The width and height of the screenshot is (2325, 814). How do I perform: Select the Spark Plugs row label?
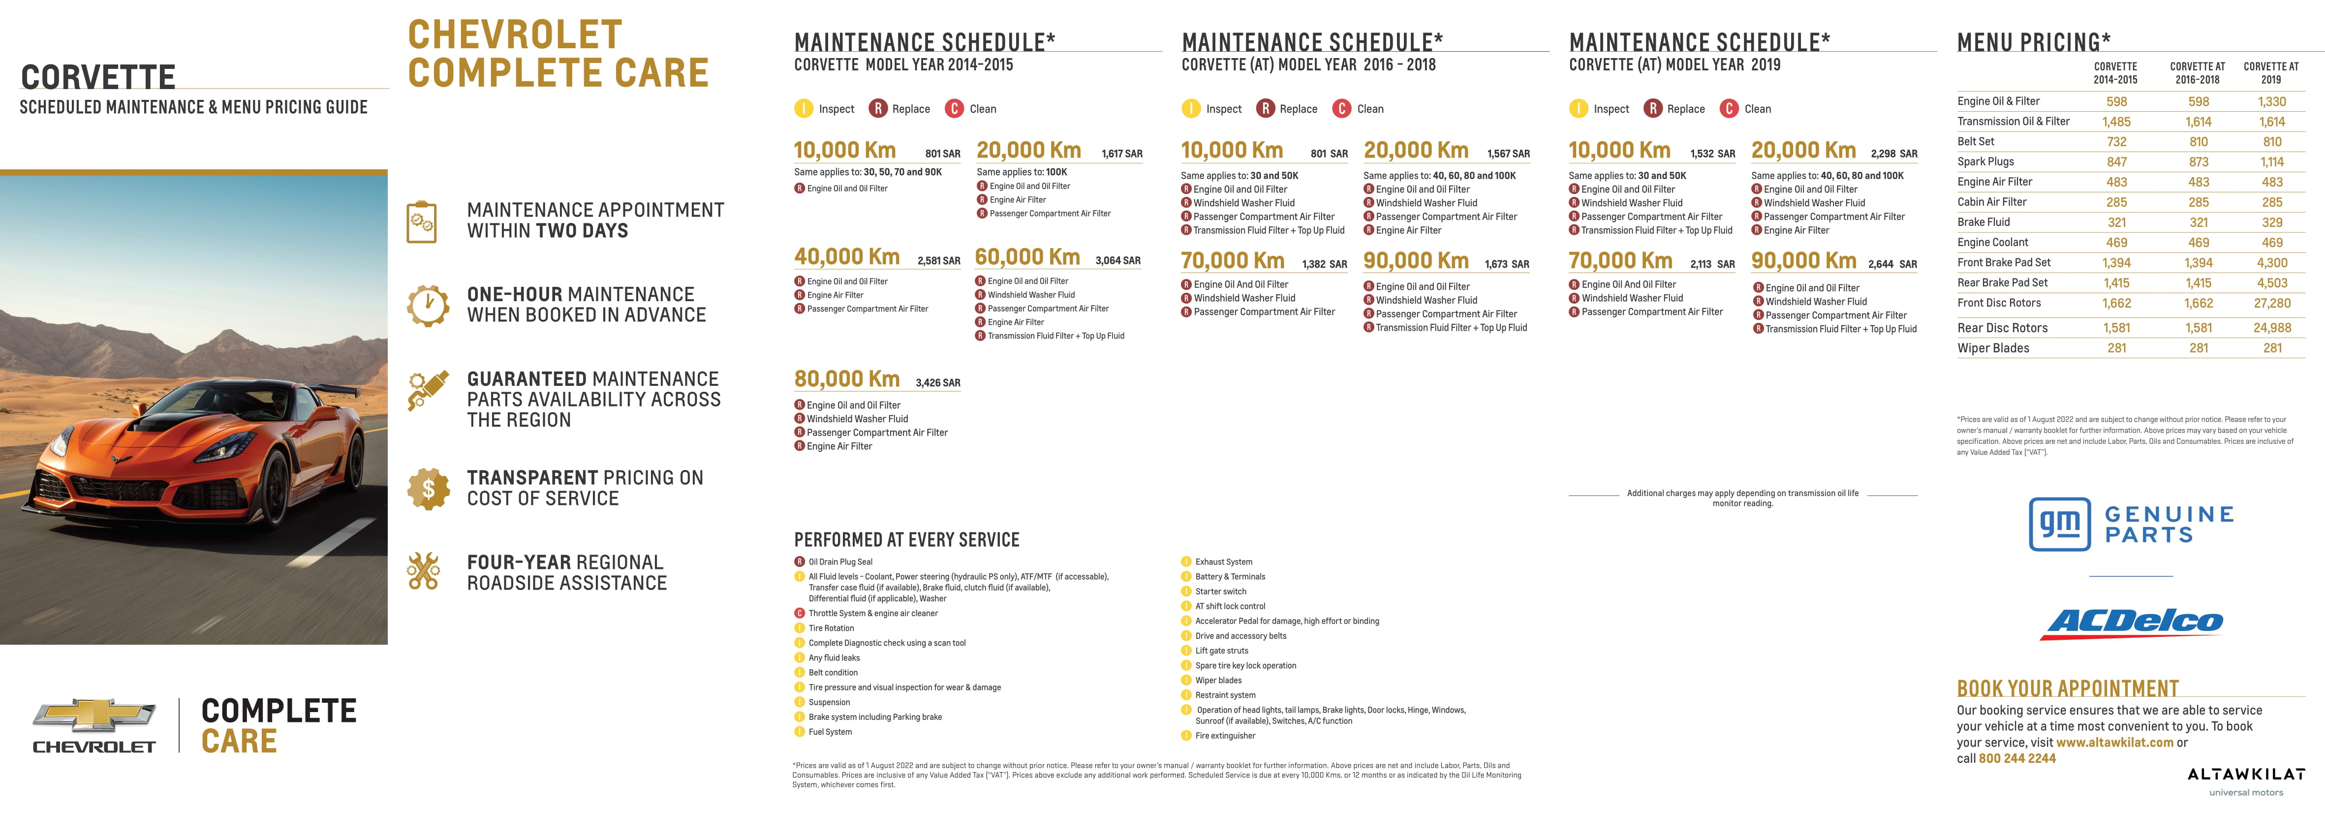pos(1985,161)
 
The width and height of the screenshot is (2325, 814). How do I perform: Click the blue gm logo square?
pos(2060,524)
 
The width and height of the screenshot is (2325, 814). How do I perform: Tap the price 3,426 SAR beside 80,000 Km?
pos(938,382)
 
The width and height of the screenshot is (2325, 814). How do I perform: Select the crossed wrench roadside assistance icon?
pos(423,571)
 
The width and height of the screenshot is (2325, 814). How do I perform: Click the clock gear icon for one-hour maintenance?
pos(428,305)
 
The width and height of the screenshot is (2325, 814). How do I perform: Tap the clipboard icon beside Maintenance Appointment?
pos(422,221)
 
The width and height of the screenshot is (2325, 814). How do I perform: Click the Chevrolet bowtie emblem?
pos(94,716)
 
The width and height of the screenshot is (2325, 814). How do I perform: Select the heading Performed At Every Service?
pos(906,540)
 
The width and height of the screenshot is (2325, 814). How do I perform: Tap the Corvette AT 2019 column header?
pos(2271,72)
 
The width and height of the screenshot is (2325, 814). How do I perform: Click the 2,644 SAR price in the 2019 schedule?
pos(1892,264)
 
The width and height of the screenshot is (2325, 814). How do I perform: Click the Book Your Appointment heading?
pos(2067,689)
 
